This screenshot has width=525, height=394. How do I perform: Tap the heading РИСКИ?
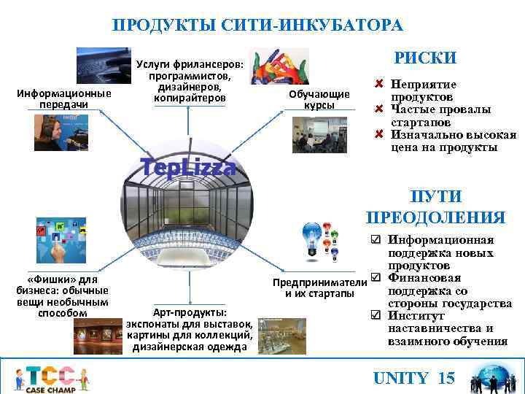pos(425,58)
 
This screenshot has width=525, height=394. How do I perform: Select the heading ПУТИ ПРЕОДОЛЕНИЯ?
pos(435,207)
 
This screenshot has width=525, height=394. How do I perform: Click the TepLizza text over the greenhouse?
pos(189,167)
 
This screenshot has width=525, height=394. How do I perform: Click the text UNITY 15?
pos(413,378)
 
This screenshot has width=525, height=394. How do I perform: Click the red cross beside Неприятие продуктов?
pos(379,85)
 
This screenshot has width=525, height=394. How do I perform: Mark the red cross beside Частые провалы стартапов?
pos(379,109)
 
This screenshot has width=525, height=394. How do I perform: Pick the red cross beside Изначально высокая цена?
pos(379,134)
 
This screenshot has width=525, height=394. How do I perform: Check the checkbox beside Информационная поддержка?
pos(375,240)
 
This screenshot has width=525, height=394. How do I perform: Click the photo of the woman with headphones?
pos(58,131)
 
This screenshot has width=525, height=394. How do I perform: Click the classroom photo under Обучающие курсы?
pos(319,134)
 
